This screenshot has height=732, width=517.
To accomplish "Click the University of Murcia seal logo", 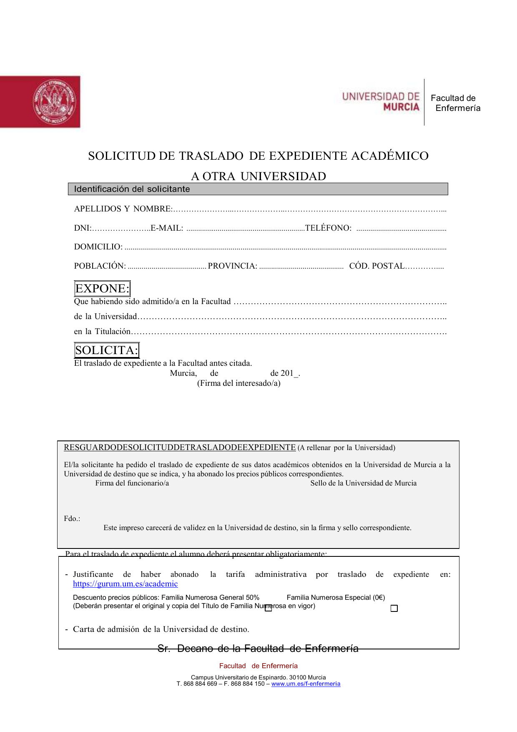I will tap(54, 102).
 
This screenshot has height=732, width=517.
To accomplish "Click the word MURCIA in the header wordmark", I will tap(401, 107).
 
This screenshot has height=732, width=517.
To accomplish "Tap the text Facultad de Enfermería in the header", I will tap(455, 103).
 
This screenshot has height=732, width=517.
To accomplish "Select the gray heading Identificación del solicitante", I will tap(132, 189).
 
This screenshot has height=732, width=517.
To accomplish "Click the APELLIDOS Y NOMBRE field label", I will tap(123, 209).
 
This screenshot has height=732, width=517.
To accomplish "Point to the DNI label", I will tap(82, 228).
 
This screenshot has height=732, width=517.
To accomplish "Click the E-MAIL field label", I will tap(167, 228).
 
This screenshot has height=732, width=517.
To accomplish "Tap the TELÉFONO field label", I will tap(328, 228).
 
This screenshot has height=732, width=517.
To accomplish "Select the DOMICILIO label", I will tap(98, 247).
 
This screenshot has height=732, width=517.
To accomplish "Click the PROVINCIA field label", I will tap(232, 266).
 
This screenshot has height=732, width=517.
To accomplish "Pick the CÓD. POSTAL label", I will tap(376, 266).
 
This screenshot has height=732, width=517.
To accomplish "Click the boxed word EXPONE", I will tap(102, 289).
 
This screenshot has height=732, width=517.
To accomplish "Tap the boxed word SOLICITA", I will tap(106, 350).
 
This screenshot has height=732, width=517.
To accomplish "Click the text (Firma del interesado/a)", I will tap(238, 383).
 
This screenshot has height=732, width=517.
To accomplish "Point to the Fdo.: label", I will tap(72, 518).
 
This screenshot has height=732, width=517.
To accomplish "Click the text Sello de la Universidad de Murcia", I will tap(363, 483).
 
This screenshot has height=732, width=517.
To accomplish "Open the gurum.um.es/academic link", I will tap(125, 584).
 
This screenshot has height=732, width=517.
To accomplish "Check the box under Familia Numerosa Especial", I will tap(394, 609).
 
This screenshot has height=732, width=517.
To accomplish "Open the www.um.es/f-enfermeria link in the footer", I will tap(306, 684).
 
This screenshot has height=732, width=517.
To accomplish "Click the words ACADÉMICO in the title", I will tap(389, 156).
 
